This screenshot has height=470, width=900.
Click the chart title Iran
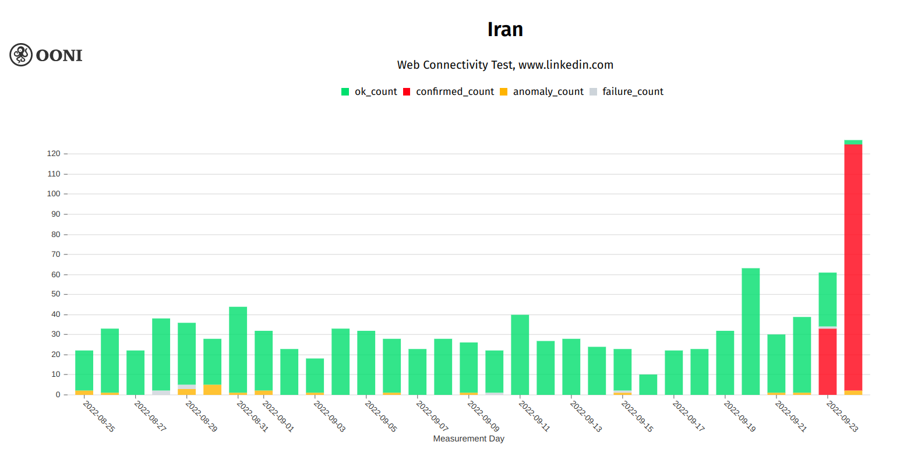pos(505,30)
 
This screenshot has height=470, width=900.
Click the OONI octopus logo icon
pos(21,55)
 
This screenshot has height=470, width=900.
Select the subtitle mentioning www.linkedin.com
pos(505,65)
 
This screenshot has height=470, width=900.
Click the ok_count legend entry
pos(369,91)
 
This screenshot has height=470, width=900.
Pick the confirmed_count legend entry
pos(449,91)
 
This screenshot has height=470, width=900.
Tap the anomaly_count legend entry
pos(542,91)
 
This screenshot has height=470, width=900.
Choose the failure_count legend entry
pos(627,91)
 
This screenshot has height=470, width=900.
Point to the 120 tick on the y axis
pos(54,154)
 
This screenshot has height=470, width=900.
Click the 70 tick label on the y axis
pos(55,255)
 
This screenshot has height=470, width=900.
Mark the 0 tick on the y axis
pos(58,395)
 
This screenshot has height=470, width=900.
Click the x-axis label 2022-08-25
pos(99,416)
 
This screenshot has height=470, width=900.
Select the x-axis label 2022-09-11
pos(534,416)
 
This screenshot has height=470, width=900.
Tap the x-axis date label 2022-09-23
pos(842,416)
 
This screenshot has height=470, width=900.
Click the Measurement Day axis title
pos(468,439)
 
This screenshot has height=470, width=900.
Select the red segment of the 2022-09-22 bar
pos(827,361)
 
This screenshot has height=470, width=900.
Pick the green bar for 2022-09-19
pos(750,332)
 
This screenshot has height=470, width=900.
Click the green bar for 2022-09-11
pos(520,355)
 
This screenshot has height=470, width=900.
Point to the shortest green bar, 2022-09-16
pos(648,385)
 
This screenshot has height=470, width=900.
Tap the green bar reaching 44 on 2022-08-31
pos(238,349)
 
